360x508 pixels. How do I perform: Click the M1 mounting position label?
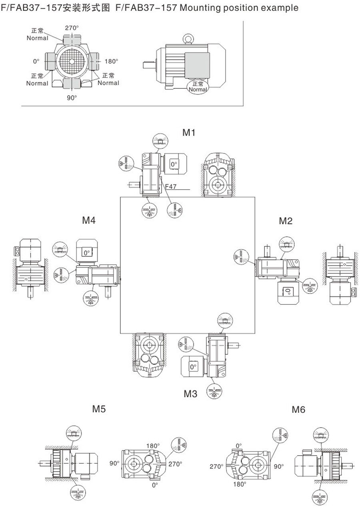click(x=189, y=133)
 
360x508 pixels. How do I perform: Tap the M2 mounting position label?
click(x=286, y=221)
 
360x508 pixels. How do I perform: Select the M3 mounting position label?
click(x=190, y=394)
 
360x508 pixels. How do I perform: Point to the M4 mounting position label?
click(x=89, y=220)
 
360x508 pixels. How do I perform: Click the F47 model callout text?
click(x=170, y=186)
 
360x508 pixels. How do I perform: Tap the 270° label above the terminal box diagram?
click(x=72, y=28)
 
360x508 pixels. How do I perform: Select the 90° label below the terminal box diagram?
click(x=72, y=98)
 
